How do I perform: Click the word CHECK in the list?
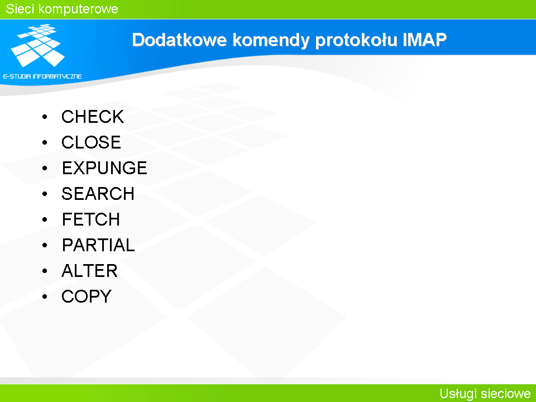92,117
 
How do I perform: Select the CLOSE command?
91,142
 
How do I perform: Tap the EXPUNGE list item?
104,168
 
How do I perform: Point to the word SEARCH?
98,194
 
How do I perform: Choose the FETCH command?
91,219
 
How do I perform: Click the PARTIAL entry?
98,245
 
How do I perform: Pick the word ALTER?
89,270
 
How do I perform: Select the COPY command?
87,296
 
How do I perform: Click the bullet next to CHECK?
45,117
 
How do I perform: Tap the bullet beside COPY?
45,296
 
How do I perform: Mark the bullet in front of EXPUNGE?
45,168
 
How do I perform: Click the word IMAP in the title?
424,40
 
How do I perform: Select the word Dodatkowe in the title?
179,40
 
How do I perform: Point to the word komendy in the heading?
271,41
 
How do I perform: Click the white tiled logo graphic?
37,45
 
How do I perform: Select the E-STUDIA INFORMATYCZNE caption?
42,76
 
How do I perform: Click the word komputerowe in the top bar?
78,9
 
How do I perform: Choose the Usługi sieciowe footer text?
485,394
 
